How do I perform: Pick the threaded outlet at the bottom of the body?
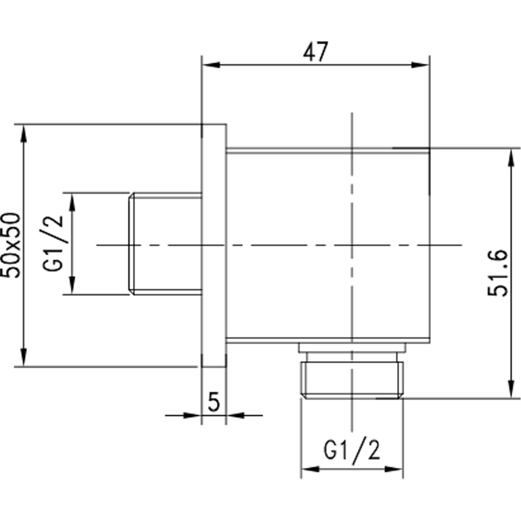tap(352, 380)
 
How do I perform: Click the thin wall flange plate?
tap(214, 245)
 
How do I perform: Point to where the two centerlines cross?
tap(352, 245)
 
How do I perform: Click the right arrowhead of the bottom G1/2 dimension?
tap(397, 469)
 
